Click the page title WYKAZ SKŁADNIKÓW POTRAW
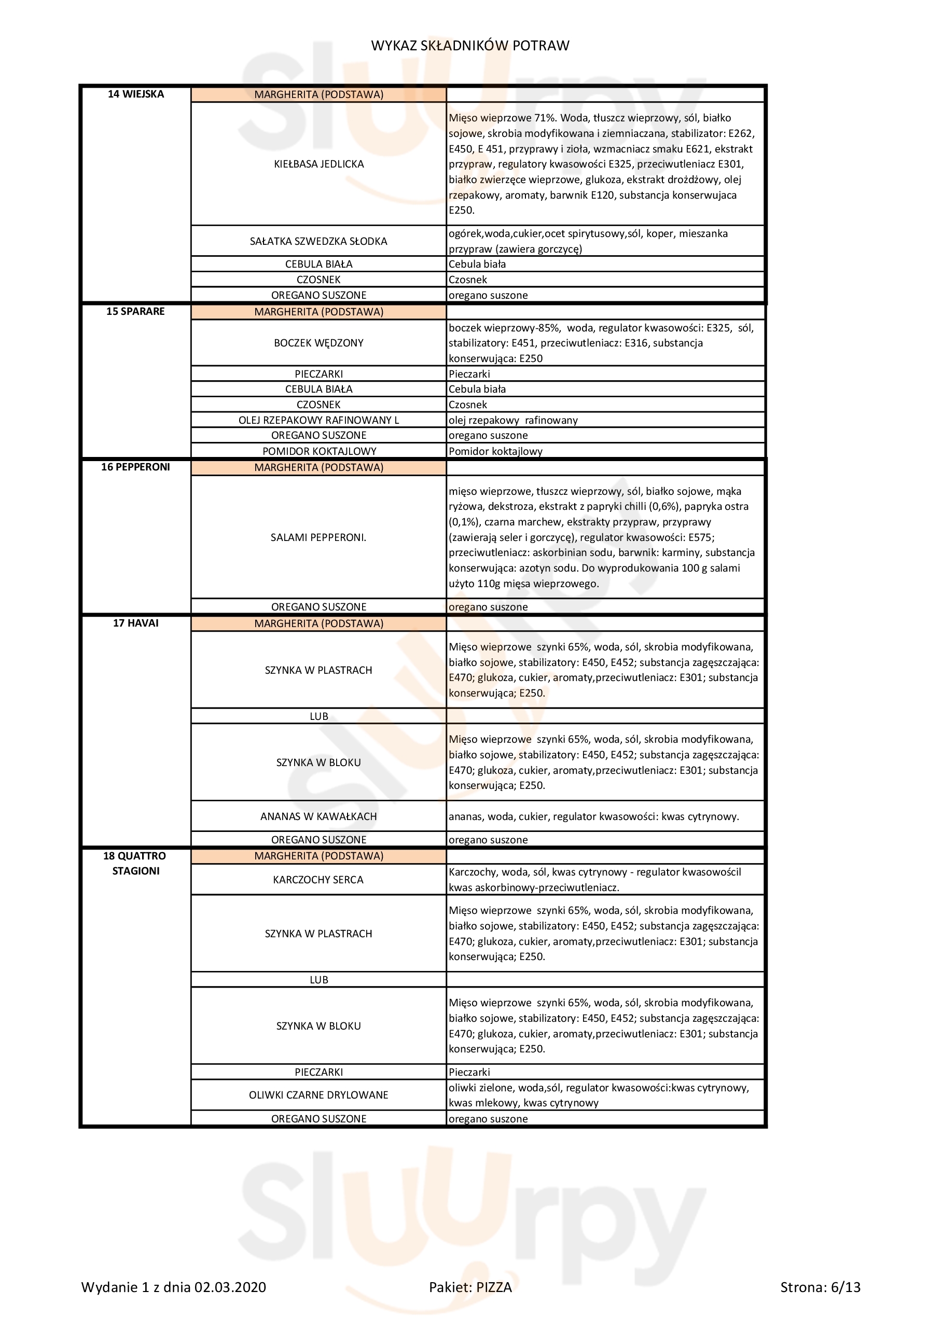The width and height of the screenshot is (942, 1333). pos(470,45)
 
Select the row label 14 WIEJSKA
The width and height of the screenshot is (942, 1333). pos(136,94)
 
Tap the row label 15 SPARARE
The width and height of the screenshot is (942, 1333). pos(135,311)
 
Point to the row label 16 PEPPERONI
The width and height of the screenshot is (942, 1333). pos(135,467)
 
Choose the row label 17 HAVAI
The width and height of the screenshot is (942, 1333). pos(135,623)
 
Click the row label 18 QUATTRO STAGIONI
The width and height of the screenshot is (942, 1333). pos(135,863)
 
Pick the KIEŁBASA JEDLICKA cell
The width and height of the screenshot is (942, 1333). pos(319,164)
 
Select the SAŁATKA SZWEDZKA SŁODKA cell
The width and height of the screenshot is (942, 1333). pos(318,241)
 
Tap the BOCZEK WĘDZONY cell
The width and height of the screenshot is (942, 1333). pos(318,342)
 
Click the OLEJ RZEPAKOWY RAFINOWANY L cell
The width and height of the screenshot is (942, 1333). pos(318,420)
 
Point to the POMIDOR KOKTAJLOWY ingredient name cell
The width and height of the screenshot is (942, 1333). pos(319,451)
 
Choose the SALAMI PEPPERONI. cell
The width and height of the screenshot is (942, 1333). pos(318,537)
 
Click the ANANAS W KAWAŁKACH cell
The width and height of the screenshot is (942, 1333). pos(318,816)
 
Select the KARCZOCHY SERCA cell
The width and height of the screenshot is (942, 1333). pos(318,880)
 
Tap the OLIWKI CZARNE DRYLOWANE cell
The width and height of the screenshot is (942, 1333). pos(318,1095)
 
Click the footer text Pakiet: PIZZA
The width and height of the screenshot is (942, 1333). pos(470,1303)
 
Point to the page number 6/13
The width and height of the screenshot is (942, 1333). pos(846,1303)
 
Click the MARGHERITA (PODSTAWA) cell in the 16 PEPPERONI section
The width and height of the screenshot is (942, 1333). pos(319,467)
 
